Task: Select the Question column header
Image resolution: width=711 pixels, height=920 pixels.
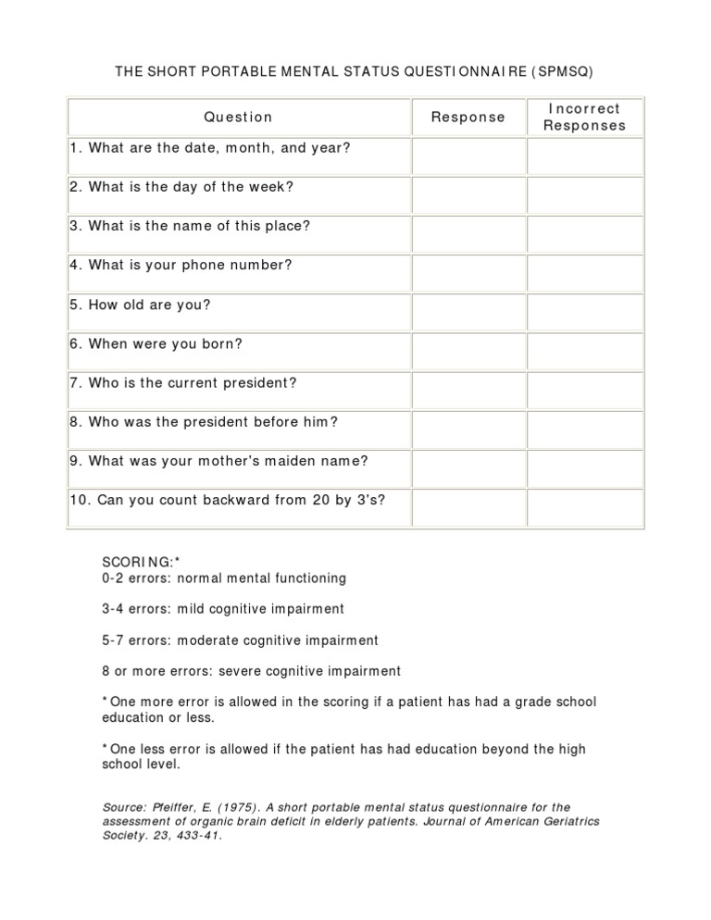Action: [239, 118]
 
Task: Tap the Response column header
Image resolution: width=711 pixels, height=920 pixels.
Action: [468, 118]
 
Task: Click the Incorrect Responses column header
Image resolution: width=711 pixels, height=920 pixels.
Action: [584, 118]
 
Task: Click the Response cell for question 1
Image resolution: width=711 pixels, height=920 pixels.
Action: [468, 156]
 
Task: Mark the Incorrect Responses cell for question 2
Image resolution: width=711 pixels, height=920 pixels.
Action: [584, 195]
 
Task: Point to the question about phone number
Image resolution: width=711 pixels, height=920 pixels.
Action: [181, 265]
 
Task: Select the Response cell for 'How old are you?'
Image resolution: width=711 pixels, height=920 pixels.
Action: [468, 313]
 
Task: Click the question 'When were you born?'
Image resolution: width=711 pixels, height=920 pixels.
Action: [156, 343]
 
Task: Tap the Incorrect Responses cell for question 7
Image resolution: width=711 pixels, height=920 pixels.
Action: [584, 391]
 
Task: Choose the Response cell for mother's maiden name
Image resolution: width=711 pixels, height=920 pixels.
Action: [468, 468]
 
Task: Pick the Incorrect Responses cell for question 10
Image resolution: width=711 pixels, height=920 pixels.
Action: [584, 508]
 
